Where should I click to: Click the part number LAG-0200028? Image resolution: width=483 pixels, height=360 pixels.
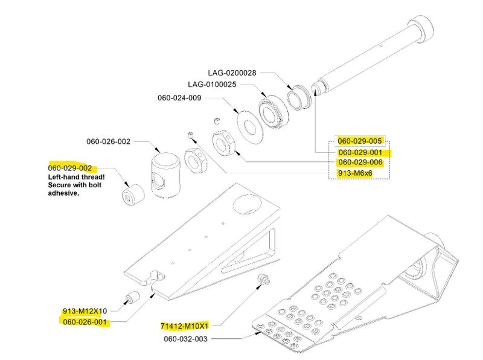(x=232, y=72)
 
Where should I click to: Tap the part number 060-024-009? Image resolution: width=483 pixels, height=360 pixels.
(x=179, y=97)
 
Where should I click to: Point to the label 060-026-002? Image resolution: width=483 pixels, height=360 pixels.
(x=108, y=141)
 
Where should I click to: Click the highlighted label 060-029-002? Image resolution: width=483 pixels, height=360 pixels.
(x=70, y=167)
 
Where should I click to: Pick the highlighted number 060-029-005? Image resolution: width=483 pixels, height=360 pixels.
(x=360, y=141)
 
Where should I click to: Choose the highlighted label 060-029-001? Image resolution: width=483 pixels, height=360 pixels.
(x=360, y=152)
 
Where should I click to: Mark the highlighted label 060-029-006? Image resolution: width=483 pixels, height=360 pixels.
(x=360, y=162)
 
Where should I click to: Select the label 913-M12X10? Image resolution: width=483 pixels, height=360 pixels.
(x=85, y=311)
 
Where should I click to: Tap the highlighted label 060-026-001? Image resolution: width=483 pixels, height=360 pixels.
(x=85, y=322)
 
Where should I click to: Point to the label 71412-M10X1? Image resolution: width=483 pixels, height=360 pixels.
(x=184, y=326)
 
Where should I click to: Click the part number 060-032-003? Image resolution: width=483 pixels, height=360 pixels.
(x=185, y=339)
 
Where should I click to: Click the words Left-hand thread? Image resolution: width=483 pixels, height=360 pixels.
(x=76, y=177)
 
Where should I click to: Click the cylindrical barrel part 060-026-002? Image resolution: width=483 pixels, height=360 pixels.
(x=165, y=175)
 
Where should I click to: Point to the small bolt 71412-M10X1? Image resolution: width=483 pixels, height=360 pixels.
(x=263, y=279)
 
